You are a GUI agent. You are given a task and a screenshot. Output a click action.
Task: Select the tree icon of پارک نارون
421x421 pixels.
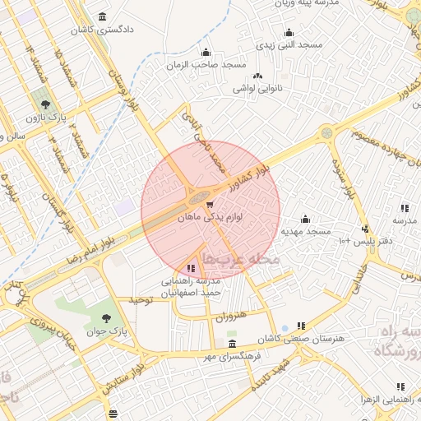44,105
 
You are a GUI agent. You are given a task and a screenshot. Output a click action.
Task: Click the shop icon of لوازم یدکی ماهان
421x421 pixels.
210,205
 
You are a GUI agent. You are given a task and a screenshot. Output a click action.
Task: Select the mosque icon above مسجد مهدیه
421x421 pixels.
305,219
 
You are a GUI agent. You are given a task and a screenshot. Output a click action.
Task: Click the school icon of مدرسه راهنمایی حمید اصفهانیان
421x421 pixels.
192,268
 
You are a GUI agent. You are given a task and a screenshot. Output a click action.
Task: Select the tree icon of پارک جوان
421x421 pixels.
107,317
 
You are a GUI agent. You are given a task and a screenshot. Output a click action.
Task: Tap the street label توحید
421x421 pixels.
140,301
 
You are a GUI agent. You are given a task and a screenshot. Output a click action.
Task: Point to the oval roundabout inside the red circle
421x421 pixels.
198,197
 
